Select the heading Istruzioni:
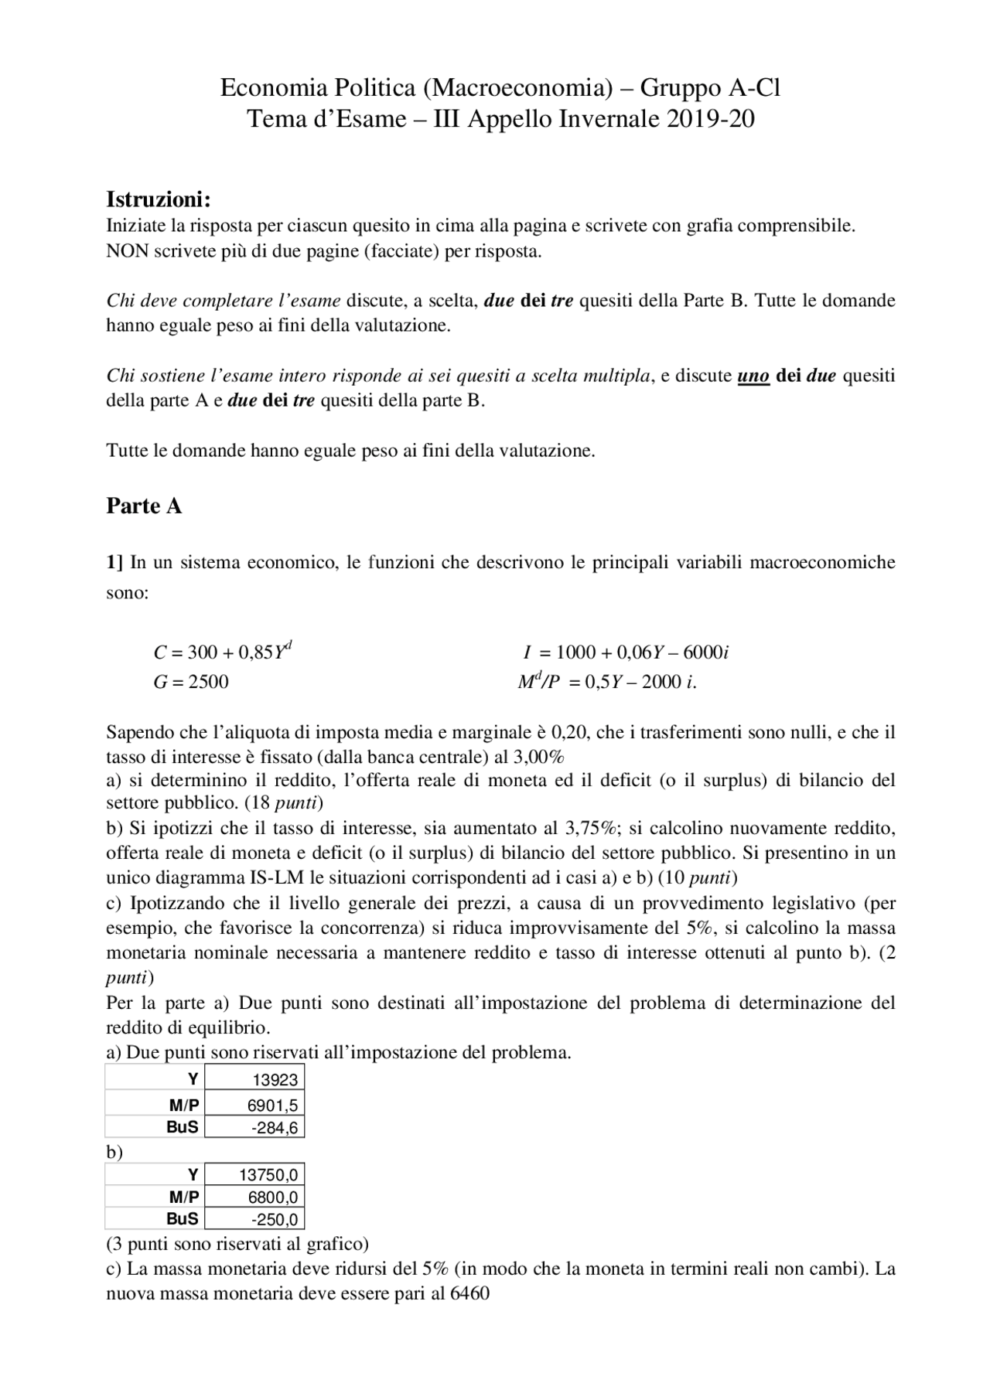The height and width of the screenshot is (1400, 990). pyautogui.click(x=158, y=199)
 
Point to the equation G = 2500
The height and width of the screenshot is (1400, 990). pyautogui.click(x=190, y=682)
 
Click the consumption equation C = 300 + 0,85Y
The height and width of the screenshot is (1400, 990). pyautogui.click(x=222, y=652)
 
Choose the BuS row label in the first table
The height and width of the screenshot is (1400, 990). pyautogui.click(x=183, y=1127)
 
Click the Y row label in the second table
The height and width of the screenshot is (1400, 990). pyautogui.click(x=193, y=1175)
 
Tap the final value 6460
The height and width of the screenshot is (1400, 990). pyautogui.click(x=469, y=1294)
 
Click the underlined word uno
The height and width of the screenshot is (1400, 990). pyautogui.click(x=753, y=376)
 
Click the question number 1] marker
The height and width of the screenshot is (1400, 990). pyautogui.click(x=114, y=562)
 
